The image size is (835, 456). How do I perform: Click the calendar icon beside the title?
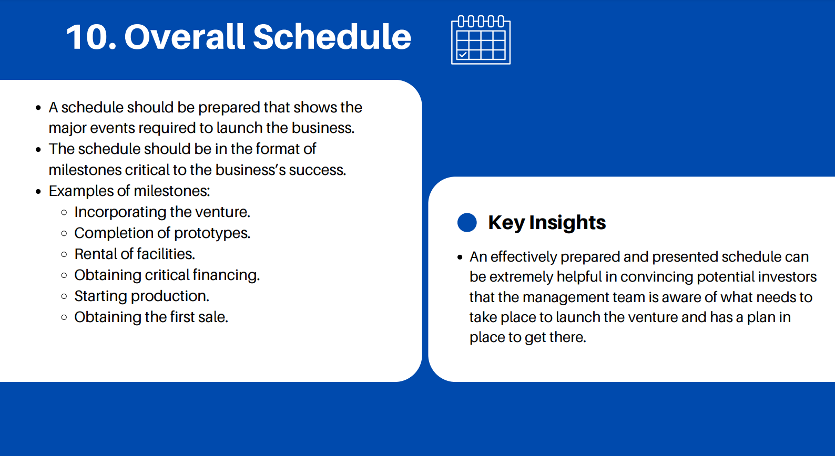pos(481,40)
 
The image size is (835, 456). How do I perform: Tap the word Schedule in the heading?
pos(332,37)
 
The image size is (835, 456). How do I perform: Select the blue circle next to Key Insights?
pos(467,222)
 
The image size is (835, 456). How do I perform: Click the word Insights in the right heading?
pos(567,222)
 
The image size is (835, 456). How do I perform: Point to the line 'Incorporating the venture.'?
pos(162,212)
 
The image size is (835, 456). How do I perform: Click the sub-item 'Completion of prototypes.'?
pos(162,233)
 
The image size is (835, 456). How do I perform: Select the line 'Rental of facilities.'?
pos(135,254)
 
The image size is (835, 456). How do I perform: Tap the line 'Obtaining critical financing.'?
pos(167,275)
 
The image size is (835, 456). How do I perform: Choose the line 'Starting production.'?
pos(141,296)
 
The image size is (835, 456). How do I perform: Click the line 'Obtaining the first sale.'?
pos(151,317)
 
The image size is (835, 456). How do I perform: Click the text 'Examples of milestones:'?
pos(129,191)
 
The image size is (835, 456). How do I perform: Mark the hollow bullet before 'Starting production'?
pos(64,296)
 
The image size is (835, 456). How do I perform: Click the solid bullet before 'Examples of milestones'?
pos(38,192)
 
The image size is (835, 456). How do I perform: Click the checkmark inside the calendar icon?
pos(463,55)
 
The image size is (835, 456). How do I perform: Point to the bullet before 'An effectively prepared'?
pos(460,257)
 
